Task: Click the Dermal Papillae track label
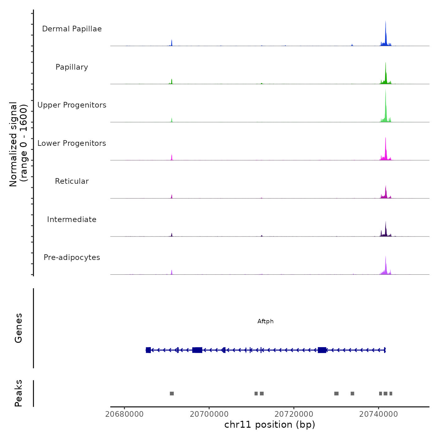[x=72, y=29]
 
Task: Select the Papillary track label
[x=72, y=67]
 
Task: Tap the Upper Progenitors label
[x=72, y=105]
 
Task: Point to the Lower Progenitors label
[x=72, y=143]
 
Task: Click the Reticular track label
[x=72, y=181]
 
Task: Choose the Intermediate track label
[x=72, y=219]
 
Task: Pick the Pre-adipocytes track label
[x=72, y=257]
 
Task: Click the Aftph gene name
[x=266, y=321]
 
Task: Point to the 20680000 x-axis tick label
[x=124, y=414]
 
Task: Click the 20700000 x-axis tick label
[x=209, y=414]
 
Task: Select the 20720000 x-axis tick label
[x=294, y=414]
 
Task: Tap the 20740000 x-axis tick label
[x=378, y=414]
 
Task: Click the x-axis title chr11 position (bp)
[x=270, y=425]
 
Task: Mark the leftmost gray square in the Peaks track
[x=172, y=394]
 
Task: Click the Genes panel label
[x=19, y=328]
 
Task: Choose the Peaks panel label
[x=19, y=393]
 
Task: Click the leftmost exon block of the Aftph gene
[x=148, y=350]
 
